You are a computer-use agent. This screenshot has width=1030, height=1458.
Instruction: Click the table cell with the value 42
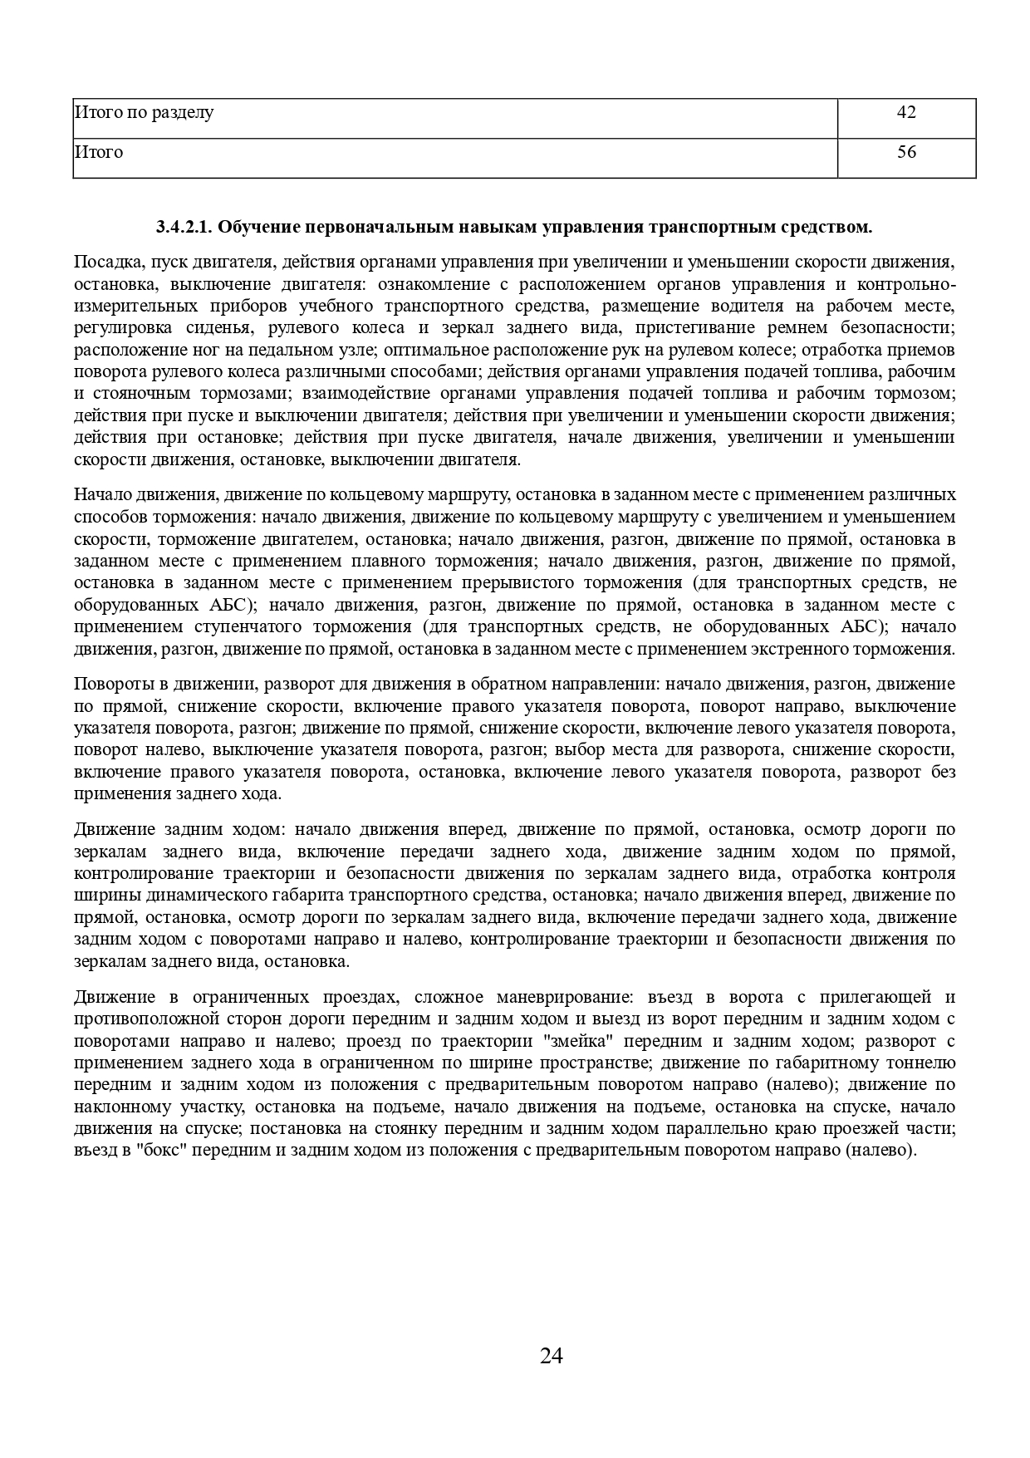point(906,112)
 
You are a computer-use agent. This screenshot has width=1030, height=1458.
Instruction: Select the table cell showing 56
point(906,152)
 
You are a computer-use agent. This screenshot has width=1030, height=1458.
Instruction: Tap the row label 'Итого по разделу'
point(144,112)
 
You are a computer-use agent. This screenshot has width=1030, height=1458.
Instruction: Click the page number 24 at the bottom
point(552,1356)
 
